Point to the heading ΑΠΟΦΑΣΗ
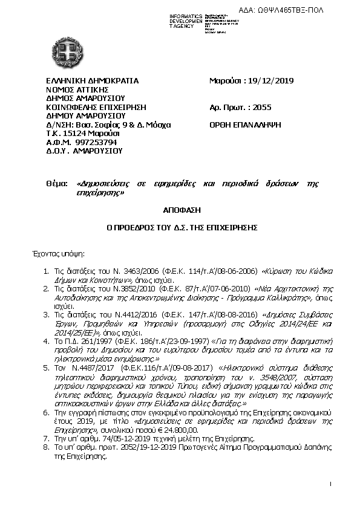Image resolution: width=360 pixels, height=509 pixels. tap(180, 210)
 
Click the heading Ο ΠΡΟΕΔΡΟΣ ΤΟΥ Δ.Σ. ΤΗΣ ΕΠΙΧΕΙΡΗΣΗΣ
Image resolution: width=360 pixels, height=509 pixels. tap(180, 229)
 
